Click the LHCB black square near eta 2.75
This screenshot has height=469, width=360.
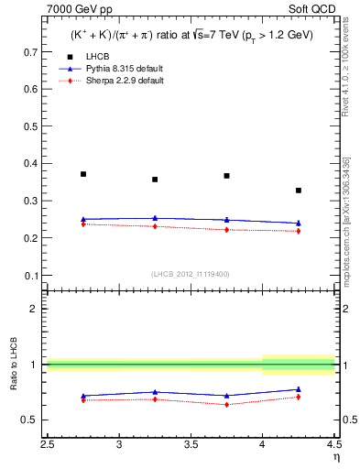click(x=83, y=173)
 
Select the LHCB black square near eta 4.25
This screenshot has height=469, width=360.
click(x=299, y=191)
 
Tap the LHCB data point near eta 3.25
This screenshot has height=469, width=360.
click(x=155, y=180)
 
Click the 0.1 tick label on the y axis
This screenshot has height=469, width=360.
click(x=33, y=275)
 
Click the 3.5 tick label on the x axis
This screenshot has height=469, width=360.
click(x=191, y=444)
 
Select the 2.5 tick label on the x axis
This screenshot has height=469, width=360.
click(x=48, y=444)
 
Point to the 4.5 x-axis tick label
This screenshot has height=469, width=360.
click(x=333, y=444)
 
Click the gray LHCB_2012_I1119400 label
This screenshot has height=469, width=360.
click(x=191, y=274)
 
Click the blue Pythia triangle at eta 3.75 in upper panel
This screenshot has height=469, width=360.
click(x=226, y=220)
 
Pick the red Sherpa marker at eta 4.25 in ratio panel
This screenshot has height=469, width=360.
click(x=299, y=397)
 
